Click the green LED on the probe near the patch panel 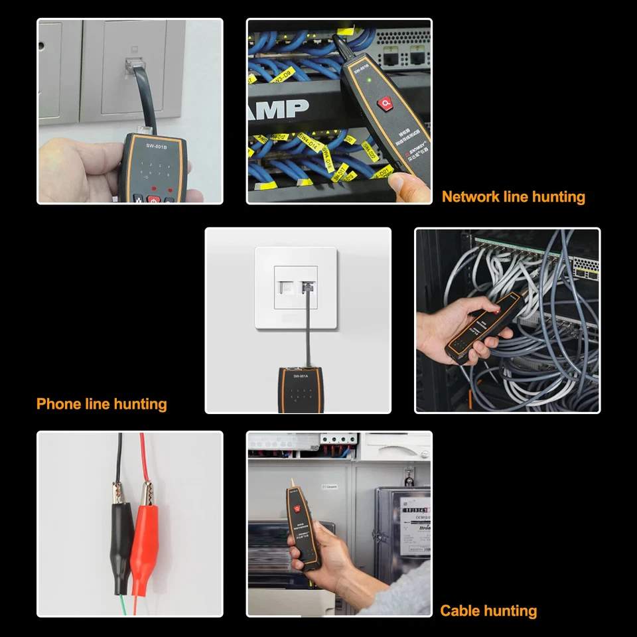tap(367, 80)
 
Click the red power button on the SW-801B tap(153, 198)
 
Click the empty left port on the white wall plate tap(287, 289)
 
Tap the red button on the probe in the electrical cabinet tap(299, 509)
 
